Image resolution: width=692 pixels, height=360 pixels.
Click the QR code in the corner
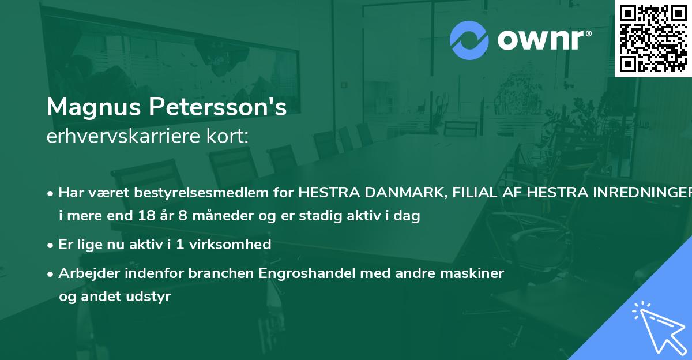pos(653,38)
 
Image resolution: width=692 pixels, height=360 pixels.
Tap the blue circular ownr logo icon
pos(469,40)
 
